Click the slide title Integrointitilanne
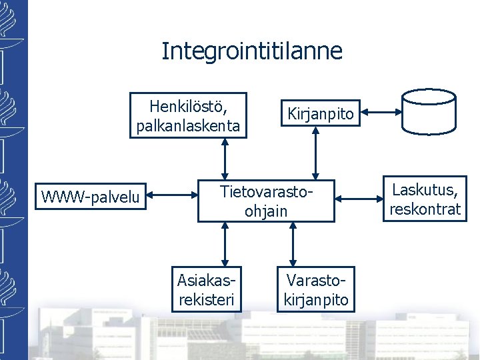(x=251, y=51)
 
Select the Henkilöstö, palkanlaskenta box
(x=188, y=115)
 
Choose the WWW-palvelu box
(x=90, y=196)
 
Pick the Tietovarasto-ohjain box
(x=266, y=201)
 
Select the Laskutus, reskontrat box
(x=425, y=199)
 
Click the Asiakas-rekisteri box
(x=206, y=289)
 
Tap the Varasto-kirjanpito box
(x=315, y=289)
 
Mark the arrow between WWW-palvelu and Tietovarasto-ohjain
(x=174, y=196)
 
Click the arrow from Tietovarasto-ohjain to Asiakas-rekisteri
(x=225, y=245)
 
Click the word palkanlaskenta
(x=188, y=125)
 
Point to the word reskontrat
(x=425, y=209)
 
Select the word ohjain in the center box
(x=266, y=211)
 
